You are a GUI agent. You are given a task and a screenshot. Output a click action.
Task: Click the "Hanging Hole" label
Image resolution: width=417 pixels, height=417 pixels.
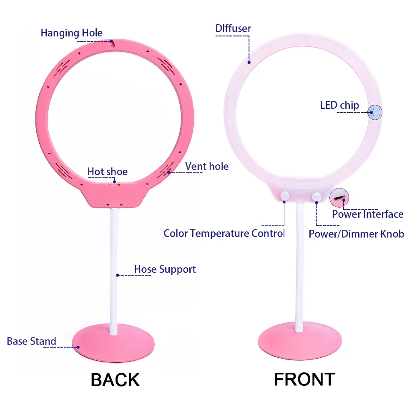tap(71, 33)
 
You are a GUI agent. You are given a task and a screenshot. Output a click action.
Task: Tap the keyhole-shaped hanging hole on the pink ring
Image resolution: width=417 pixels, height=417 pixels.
tap(113, 45)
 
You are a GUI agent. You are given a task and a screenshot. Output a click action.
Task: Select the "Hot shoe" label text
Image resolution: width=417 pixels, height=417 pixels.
tap(108, 171)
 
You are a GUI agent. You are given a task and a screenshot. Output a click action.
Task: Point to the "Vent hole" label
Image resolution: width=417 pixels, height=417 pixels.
tap(207, 166)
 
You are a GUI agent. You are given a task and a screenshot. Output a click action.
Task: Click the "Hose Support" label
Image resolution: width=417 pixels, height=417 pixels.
tap(165, 269)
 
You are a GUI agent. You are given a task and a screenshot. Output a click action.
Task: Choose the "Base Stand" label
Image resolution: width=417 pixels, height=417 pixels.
tap(31, 341)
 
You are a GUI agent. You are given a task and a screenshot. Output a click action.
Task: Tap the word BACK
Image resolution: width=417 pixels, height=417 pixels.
tap(115, 380)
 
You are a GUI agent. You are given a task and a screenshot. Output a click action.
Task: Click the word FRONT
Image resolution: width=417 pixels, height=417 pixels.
tap(304, 379)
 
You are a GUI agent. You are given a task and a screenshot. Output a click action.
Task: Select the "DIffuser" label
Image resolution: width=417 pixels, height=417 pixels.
tap(233, 28)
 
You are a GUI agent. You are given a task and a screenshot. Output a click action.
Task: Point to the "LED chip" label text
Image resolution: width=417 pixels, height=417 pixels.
tap(339, 106)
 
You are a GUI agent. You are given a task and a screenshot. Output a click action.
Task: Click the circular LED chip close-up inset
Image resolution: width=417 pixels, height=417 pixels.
tap(375, 112)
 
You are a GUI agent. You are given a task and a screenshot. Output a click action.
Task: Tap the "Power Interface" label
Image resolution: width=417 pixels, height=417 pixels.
tap(367, 214)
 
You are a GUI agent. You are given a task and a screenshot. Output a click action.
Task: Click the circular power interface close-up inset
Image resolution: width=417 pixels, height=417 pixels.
tap(339, 198)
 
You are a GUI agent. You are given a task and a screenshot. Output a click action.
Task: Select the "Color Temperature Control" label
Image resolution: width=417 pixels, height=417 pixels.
tap(224, 233)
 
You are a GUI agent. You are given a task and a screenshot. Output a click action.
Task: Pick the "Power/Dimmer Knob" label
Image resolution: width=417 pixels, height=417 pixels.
tap(357, 234)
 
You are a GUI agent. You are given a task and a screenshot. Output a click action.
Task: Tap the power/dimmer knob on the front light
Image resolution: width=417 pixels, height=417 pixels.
tap(317, 197)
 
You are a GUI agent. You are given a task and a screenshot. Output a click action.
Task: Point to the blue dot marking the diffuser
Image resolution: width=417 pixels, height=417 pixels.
tap(249, 63)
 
